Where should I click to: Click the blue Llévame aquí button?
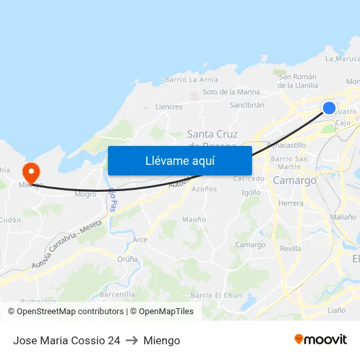coord(179,160)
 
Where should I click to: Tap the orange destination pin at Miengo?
coord(31,173)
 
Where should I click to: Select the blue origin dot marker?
coord(329,108)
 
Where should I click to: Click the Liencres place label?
coord(169,107)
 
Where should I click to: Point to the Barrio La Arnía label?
coord(191,80)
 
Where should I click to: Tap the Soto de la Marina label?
coord(231,92)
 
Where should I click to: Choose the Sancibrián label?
coord(247,105)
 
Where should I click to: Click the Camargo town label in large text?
coord(295,180)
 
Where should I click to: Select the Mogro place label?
coord(85,194)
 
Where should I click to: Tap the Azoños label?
coord(204,189)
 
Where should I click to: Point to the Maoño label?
coord(194,220)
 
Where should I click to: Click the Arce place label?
coord(140,240)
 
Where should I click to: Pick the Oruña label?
coord(128,259)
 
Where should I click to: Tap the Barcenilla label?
coord(118,295)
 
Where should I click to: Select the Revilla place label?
coord(291,249)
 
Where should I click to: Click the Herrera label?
coord(291,204)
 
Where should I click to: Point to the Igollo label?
coord(251,192)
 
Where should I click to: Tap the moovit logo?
coord(320,340)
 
